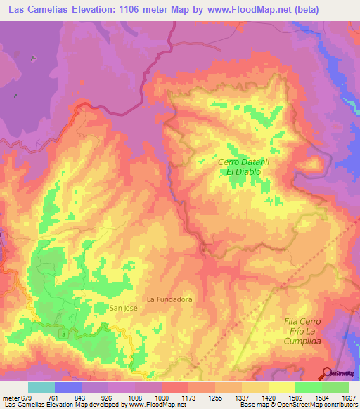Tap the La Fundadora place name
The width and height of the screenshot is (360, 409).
(169, 299)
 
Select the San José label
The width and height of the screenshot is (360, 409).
(125, 308)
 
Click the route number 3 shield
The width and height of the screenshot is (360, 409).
(65, 332)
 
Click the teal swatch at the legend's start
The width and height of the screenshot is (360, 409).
(41, 387)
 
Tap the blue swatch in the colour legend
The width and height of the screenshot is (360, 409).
(68, 387)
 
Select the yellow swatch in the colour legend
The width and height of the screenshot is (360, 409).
(281, 387)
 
